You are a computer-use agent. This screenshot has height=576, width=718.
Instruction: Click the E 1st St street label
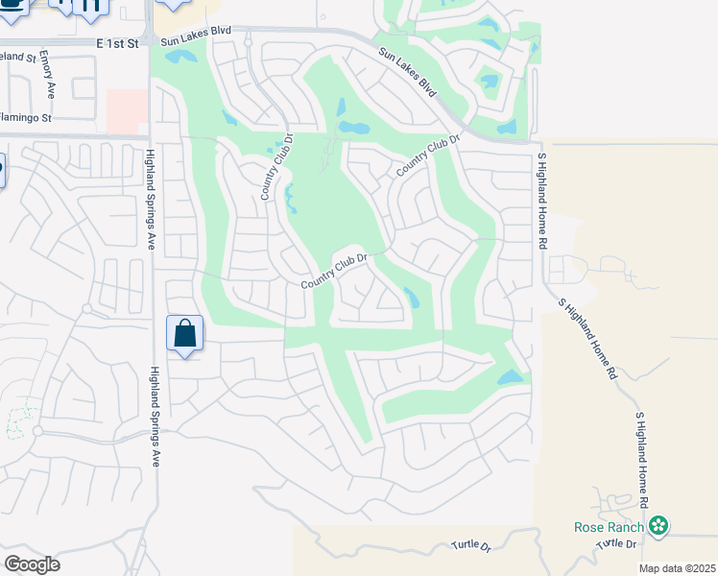point(117,44)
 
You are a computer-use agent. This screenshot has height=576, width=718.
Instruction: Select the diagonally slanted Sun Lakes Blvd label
point(407,72)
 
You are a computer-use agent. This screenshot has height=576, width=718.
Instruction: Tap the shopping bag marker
point(184,334)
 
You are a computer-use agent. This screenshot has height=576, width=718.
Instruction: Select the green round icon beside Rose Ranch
point(658,525)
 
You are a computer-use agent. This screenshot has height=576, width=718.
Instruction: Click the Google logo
point(32,564)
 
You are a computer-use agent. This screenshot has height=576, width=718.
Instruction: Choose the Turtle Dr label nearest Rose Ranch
point(617,544)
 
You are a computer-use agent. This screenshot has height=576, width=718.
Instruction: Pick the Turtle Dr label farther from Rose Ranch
point(472,546)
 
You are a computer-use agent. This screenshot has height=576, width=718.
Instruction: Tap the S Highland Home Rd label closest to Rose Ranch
point(643,461)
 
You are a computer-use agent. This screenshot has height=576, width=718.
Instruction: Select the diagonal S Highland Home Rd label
point(586,338)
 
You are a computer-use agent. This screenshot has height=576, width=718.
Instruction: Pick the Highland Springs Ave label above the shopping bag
point(151,200)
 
